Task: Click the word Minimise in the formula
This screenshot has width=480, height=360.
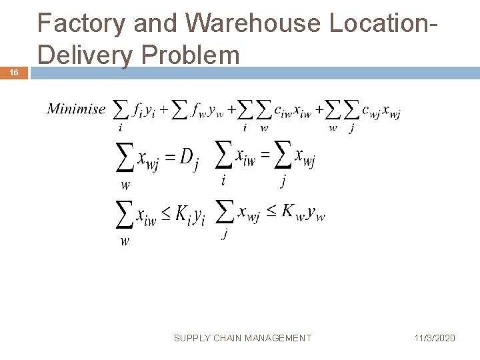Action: click(x=76, y=109)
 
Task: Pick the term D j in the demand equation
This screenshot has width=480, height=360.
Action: click(x=189, y=159)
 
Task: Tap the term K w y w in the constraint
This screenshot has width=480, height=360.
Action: click(x=303, y=211)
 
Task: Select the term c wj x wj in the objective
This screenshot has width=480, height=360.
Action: click(x=381, y=111)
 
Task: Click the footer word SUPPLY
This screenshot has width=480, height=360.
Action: click(x=192, y=338)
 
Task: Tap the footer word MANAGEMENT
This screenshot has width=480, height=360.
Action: click(x=280, y=338)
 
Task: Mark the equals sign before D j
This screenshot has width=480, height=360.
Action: click(x=170, y=158)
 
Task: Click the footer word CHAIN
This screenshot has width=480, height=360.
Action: click(x=230, y=338)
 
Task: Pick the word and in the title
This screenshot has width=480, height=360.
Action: click(x=151, y=24)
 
